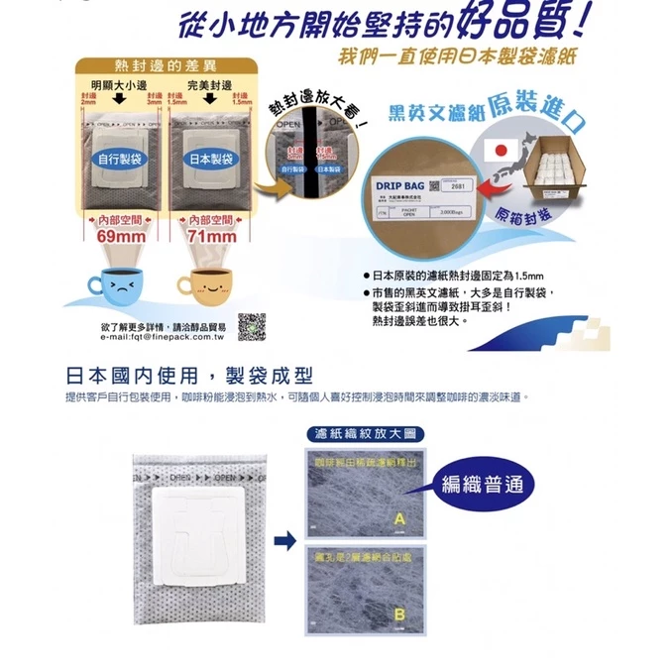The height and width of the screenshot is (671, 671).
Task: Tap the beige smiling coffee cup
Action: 205,286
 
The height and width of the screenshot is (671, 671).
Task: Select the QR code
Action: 252,326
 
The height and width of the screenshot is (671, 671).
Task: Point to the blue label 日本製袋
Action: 209,158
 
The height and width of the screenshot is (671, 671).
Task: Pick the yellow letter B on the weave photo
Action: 398,615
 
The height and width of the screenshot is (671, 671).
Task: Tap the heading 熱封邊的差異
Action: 163,65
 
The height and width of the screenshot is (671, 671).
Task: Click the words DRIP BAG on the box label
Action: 400,185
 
